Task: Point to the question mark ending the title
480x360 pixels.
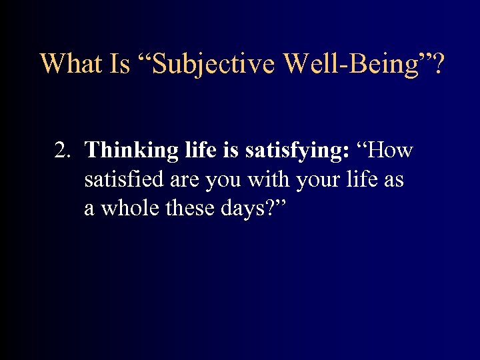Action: [441, 63]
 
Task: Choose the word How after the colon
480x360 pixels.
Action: [389, 151]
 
